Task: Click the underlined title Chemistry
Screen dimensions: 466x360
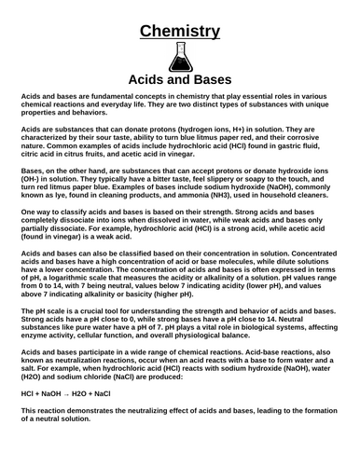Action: [180, 32]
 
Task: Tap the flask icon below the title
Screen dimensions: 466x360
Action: [180, 58]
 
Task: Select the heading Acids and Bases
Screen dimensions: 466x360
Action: [180, 80]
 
